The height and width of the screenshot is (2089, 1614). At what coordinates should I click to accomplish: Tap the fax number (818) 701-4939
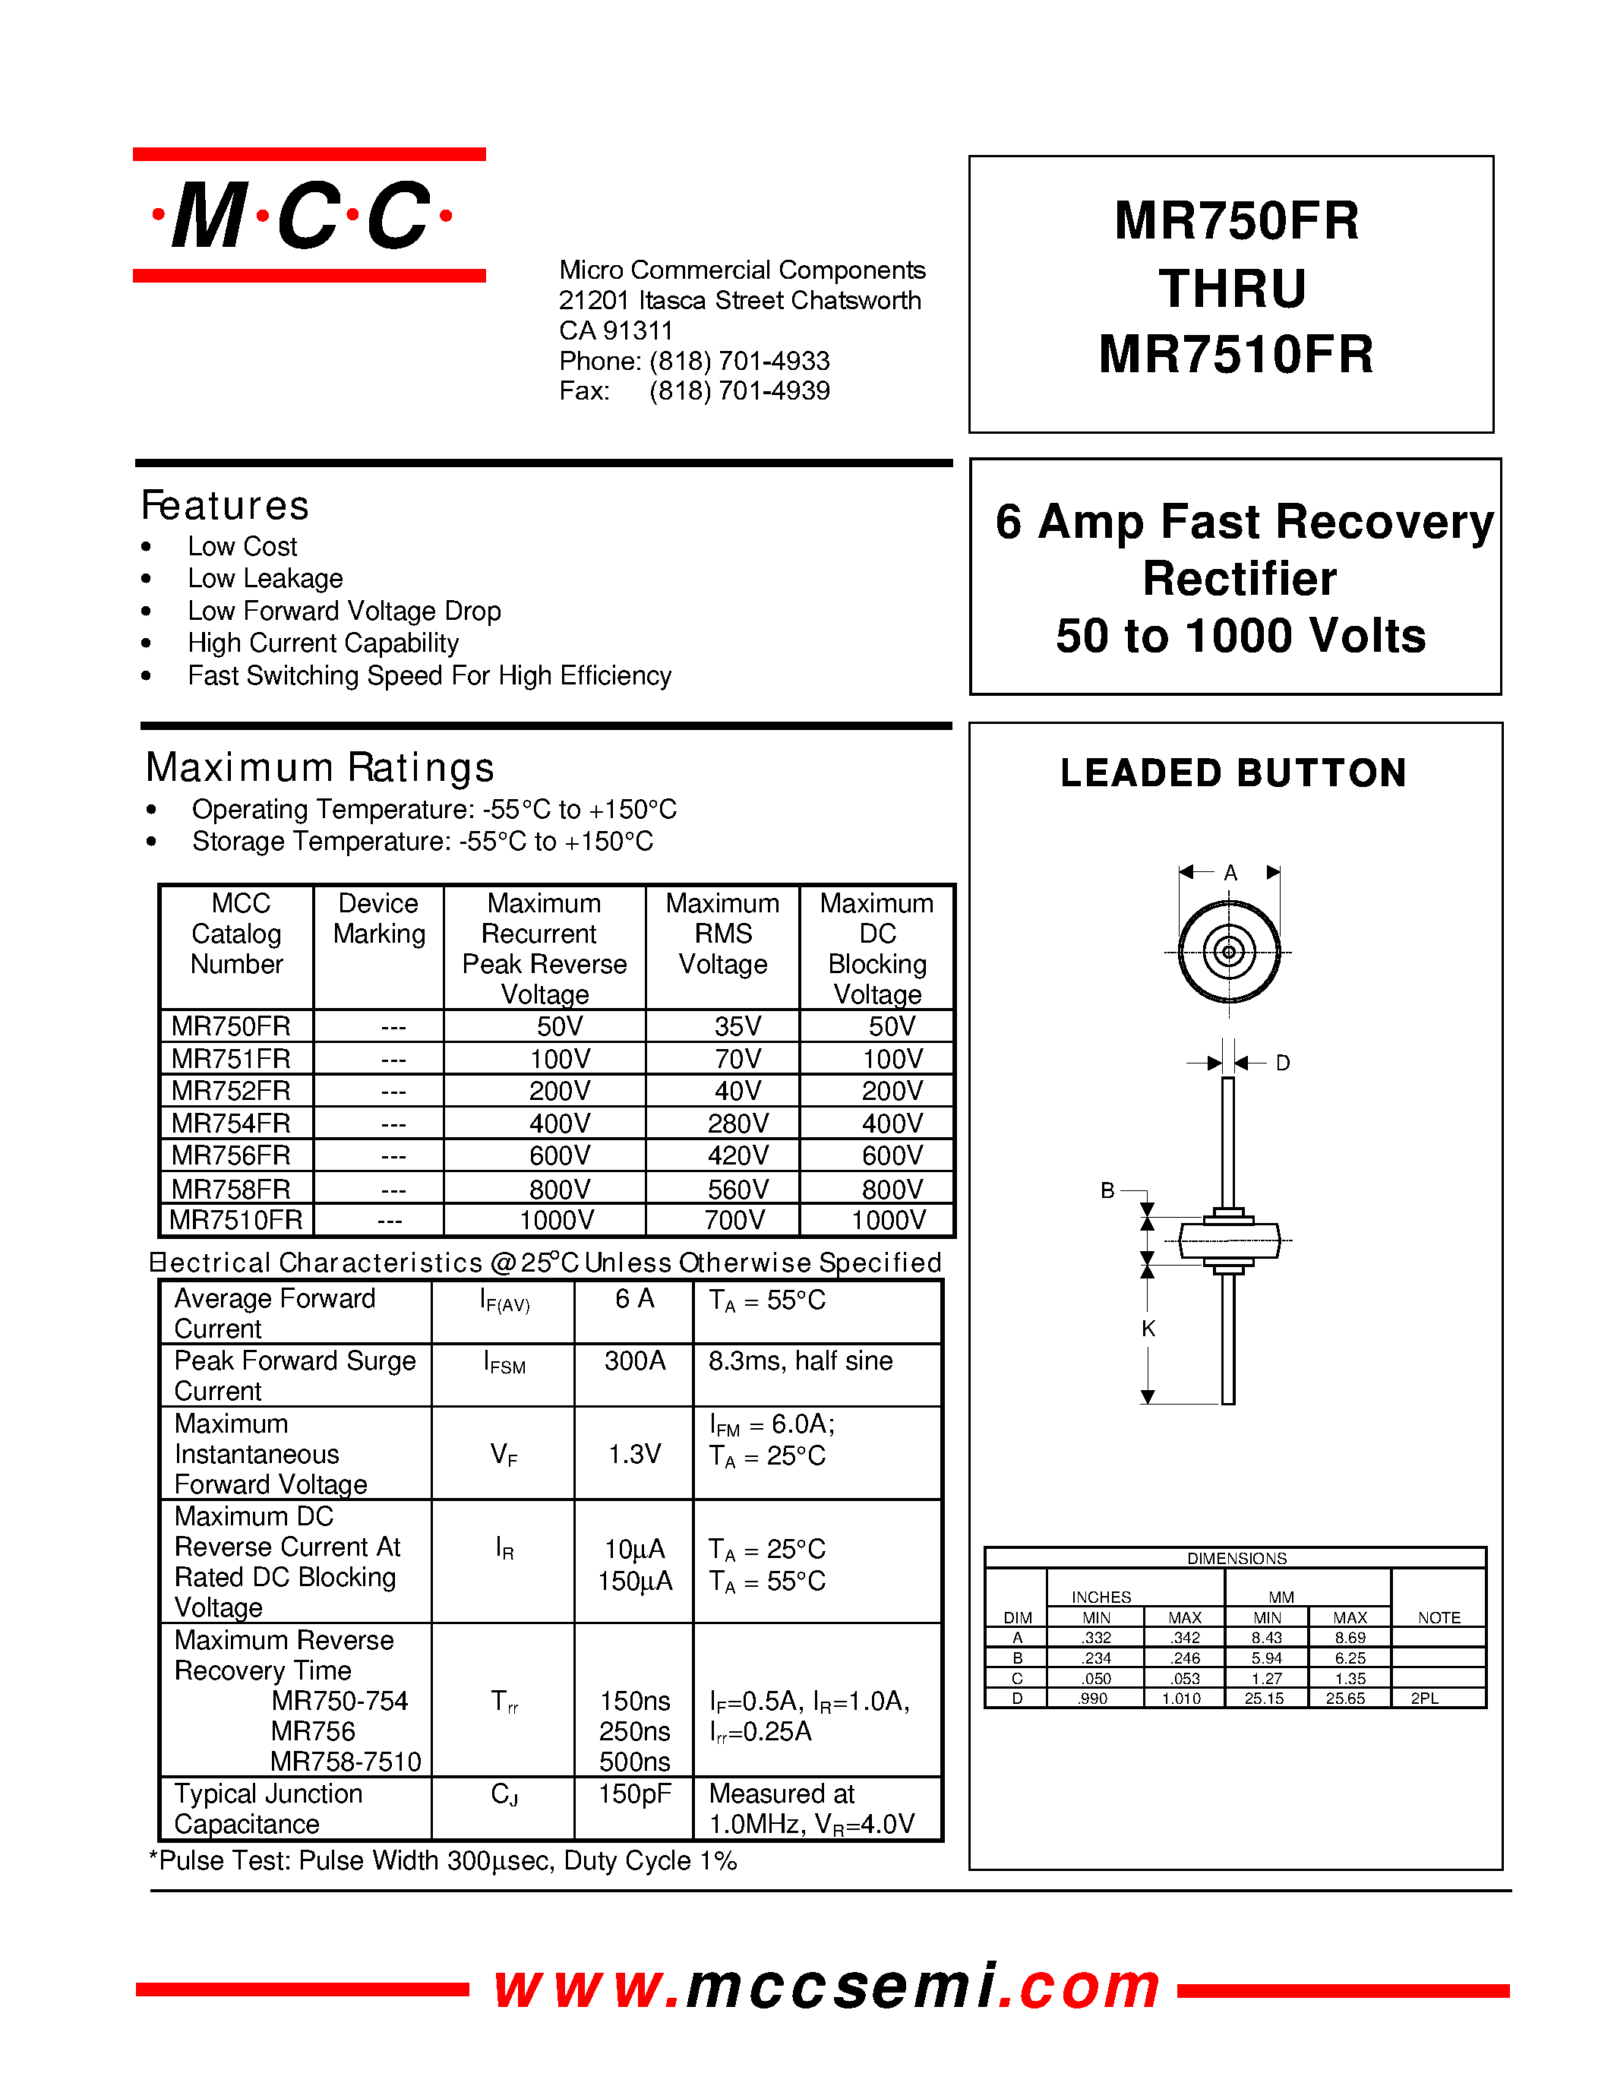point(739,391)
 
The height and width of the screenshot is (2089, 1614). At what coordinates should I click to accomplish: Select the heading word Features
point(226,506)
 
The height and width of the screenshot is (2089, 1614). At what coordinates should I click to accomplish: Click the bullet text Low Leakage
point(265,579)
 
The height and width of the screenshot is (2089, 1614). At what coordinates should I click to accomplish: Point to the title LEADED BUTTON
point(1233,773)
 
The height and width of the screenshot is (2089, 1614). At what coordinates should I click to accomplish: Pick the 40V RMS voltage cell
point(738,1092)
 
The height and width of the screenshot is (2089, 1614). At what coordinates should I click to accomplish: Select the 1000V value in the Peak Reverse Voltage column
point(557,1221)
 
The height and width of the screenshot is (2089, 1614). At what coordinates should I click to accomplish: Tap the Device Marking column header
point(379,919)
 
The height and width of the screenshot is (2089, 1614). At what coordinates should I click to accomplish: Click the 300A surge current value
point(634,1361)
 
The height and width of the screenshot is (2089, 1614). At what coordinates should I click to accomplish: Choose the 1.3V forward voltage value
point(634,1455)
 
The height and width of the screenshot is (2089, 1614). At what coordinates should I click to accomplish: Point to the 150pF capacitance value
point(634,1794)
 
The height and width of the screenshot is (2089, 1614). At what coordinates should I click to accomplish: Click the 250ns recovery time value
point(634,1731)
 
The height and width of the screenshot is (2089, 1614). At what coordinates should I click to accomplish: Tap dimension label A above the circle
point(1230,872)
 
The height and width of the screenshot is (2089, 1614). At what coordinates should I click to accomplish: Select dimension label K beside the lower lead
point(1148,1329)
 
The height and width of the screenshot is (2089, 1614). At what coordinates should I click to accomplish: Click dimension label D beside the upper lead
point(1283,1063)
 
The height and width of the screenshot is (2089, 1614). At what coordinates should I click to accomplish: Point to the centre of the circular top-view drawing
point(1230,952)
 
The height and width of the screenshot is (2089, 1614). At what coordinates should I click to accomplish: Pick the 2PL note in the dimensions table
point(1425,1699)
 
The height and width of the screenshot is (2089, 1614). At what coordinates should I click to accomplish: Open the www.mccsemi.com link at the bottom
point(827,1986)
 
